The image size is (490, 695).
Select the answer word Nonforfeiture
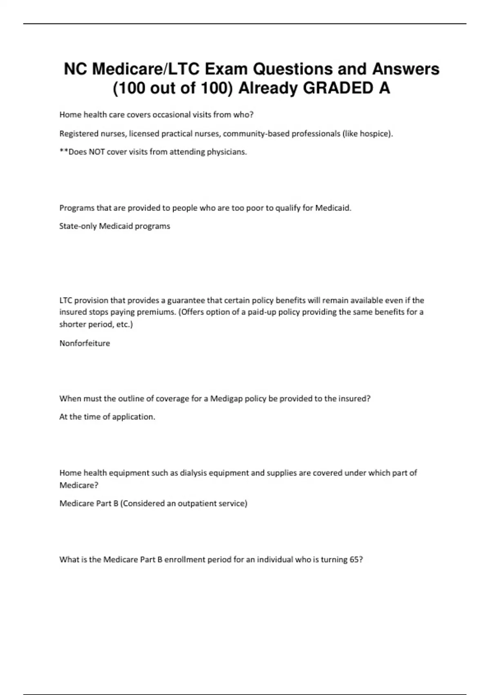85,343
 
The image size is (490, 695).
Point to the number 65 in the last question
354,560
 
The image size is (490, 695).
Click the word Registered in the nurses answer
78,134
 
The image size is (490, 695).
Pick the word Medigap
226,399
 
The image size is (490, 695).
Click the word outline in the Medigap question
129,399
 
